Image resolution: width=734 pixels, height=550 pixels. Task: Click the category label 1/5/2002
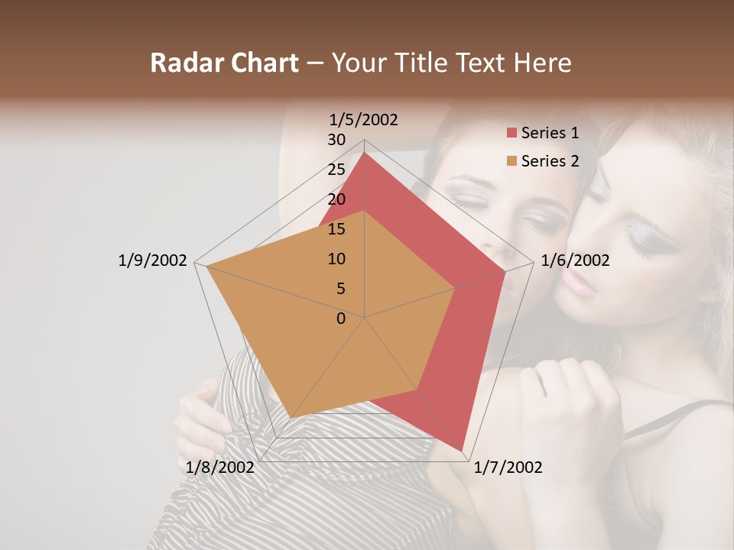tap(364, 119)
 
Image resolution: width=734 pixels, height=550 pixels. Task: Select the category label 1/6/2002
tap(575, 260)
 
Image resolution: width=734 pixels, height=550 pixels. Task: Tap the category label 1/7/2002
tap(508, 467)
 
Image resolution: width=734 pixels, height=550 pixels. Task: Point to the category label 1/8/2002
tap(220, 467)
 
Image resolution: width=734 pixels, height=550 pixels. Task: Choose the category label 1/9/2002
tap(152, 260)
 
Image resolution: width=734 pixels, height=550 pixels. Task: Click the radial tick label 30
tap(336, 140)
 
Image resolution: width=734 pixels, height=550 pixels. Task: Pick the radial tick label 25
tap(336, 170)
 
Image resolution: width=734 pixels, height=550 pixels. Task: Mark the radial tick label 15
tap(336, 229)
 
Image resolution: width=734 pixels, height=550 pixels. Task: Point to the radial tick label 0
tap(341, 319)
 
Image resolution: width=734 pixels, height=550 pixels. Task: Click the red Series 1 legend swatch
tap(512, 134)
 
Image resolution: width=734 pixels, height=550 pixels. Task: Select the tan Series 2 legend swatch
tap(512, 161)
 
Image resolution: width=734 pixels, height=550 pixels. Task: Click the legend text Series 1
tap(550, 134)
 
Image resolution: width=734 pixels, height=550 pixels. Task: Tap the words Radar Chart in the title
tap(224, 63)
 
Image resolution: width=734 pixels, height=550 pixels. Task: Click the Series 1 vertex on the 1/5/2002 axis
tap(365, 153)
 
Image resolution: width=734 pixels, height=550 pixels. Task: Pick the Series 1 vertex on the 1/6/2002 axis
tap(505, 272)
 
